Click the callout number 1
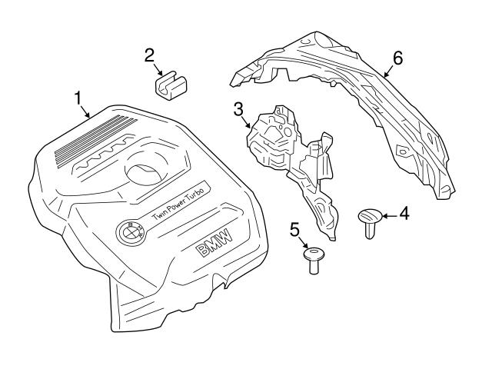[x=77, y=98]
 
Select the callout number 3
[x=239, y=108]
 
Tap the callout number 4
[x=404, y=212]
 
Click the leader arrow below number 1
[x=87, y=112]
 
